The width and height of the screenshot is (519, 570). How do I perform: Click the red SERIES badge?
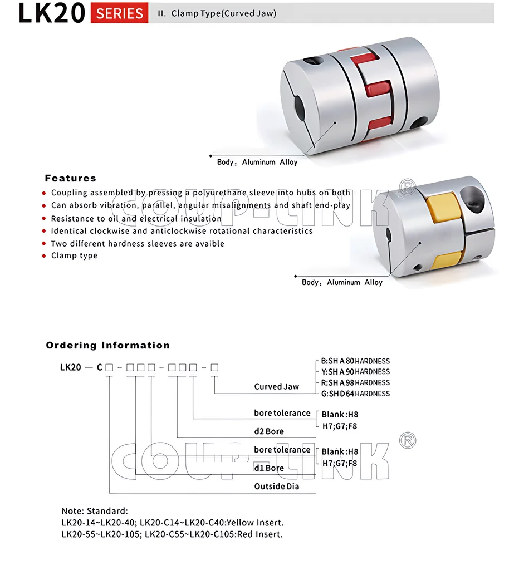point(119,13)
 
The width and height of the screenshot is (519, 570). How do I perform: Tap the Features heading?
point(70,178)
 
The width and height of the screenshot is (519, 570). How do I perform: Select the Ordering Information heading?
point(107,345)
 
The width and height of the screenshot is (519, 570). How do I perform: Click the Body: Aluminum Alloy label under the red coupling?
point(257,162)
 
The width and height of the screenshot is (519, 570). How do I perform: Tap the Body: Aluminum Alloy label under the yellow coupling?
point(342,282)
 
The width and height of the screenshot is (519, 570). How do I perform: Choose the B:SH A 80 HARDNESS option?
point(355,361)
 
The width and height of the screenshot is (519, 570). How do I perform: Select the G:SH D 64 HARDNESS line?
point(355,394)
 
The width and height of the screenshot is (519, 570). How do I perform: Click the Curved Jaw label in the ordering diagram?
point(276,386)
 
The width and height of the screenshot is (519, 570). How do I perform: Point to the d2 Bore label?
point(269,431)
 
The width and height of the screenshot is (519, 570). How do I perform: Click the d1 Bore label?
point(269,468)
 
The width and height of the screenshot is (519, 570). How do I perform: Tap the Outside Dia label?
point(277,487)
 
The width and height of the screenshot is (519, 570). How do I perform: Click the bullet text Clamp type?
point(74,255)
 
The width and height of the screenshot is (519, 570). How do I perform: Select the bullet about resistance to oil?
point(136,219)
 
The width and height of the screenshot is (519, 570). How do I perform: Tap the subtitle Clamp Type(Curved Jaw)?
point(223,13)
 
